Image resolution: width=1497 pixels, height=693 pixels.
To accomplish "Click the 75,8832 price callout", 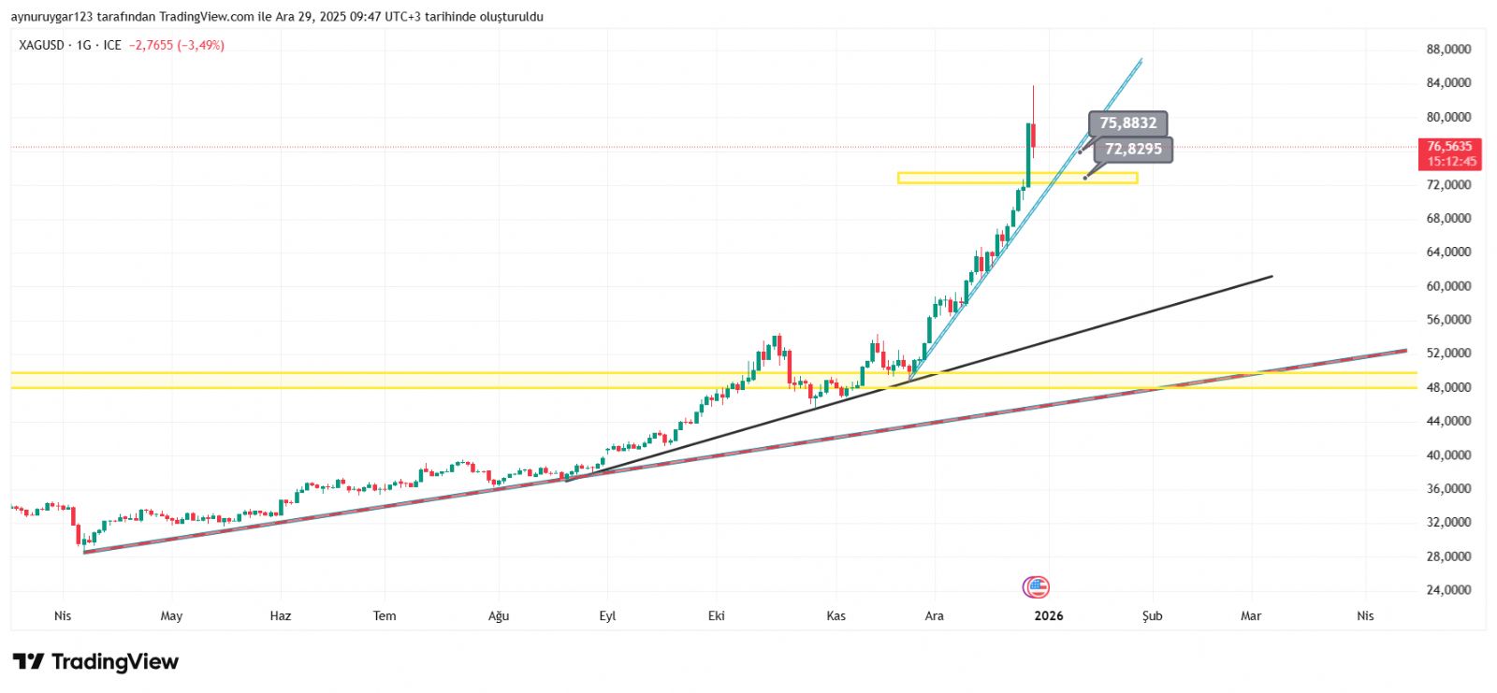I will click(1127, 123).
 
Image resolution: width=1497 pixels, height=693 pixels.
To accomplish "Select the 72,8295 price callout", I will click(1133, 150).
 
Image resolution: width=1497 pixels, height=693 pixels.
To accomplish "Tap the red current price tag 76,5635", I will click(1449, 153).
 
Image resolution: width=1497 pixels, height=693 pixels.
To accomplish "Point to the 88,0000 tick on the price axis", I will click(1448, 50).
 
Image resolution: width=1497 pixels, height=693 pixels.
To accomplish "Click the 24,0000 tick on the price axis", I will click(1448, 590).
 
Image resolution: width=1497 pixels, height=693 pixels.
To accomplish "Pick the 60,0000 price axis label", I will click(1448, 286).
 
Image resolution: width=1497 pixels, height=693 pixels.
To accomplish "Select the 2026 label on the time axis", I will click(1049, 616).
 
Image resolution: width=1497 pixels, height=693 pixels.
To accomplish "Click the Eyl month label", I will click(607, 616).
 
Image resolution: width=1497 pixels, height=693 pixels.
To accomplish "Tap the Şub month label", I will click(1152, 616).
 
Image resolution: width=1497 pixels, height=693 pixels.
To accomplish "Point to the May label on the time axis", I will click(171, 616).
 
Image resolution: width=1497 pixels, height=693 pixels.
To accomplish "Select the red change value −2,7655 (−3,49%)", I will click(177, 45).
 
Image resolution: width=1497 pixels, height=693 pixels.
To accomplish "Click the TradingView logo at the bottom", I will click(95, 662).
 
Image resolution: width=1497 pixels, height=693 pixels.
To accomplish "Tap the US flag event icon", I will click(1036, 587).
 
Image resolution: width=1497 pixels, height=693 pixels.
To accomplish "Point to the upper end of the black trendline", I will click(1272, 277).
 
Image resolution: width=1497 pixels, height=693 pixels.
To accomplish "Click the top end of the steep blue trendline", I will click(1141, 61).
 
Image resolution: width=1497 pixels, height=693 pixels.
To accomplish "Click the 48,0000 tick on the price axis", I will click(1448, 387).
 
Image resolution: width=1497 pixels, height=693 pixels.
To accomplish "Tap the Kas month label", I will click(836, 616).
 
